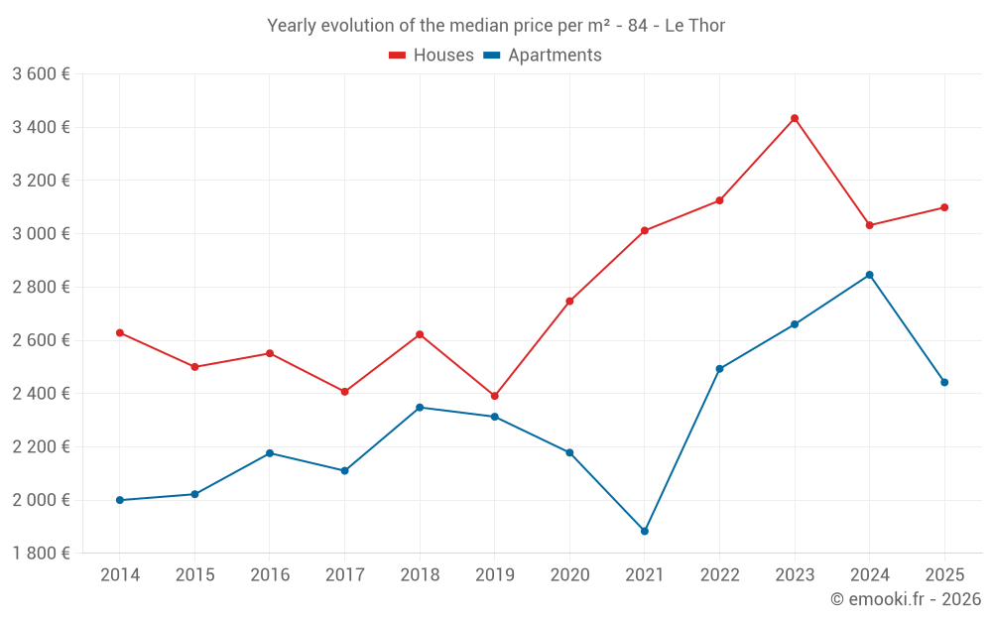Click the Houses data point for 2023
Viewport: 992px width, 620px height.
795,118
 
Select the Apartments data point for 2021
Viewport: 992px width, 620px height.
645,531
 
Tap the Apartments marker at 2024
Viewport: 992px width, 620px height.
869,275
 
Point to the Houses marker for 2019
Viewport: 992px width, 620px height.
494,396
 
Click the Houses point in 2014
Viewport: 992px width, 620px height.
120,332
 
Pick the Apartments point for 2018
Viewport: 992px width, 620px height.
420,407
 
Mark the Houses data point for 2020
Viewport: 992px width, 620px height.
569,301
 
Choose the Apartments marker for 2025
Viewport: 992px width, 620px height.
944,382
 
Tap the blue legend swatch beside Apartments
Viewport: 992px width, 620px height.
491,56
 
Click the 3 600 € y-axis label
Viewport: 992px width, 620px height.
41,74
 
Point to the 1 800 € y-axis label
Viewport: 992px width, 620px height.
41,554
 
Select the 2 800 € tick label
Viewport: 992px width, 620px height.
41,288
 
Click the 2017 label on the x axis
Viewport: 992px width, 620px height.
344,574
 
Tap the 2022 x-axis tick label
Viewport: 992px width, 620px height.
719,574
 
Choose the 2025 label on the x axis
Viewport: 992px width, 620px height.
944,574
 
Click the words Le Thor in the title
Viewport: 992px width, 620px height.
694,26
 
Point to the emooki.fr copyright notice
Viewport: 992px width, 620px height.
906,599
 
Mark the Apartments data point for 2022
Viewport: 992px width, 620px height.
719,369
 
